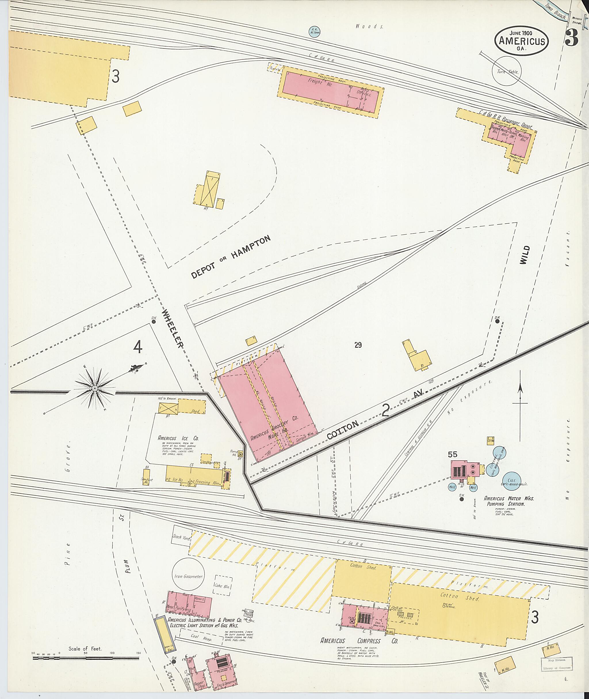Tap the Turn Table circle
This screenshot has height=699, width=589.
pyautogui.click(x=506, y=71)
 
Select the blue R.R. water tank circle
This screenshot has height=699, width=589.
pyautogui.click(x=313, y=31)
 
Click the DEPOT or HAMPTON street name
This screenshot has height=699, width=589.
pyautogui.click(x=230, y=257)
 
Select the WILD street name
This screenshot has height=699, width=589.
pyautogui.click(x=525, y=255)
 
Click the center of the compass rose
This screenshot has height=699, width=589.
pyautogui.click(x=95, y=388)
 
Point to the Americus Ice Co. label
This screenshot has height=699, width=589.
pyautogui.click(x=178, y=438)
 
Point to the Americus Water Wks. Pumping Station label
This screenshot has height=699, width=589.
pyautogui.click(x=508, y=501)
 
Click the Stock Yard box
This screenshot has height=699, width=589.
pyautogui.click(x=182, y=537)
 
